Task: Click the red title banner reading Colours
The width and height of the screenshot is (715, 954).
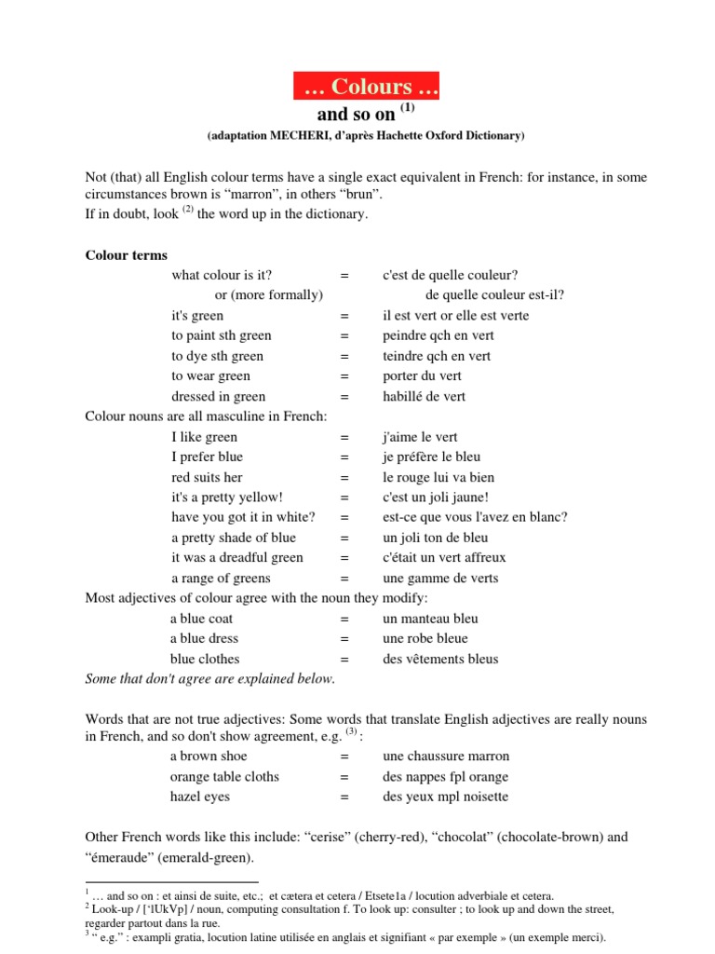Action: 366,87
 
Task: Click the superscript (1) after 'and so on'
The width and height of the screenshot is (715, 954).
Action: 408,109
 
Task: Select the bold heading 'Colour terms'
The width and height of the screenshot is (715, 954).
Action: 127,254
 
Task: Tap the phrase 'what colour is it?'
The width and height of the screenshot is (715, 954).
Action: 222,275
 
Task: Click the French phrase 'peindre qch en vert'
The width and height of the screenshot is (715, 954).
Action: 438,335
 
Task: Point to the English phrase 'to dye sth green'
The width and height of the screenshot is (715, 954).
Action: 217,356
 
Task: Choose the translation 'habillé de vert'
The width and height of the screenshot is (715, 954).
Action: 424,396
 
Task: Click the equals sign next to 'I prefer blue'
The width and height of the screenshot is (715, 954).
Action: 344,457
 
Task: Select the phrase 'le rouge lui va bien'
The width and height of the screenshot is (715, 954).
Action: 438,477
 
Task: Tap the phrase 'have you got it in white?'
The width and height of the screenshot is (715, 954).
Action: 243,517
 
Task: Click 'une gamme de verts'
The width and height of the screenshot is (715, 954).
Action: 440,578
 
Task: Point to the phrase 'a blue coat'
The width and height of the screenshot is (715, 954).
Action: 201,619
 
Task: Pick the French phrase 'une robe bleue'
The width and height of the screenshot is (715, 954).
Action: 426,638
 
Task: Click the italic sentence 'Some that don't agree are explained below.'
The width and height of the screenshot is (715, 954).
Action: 209,679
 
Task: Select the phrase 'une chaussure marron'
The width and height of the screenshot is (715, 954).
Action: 446,756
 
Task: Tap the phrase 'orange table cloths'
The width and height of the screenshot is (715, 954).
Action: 224,776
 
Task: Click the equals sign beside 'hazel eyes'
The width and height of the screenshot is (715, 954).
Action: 344,797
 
